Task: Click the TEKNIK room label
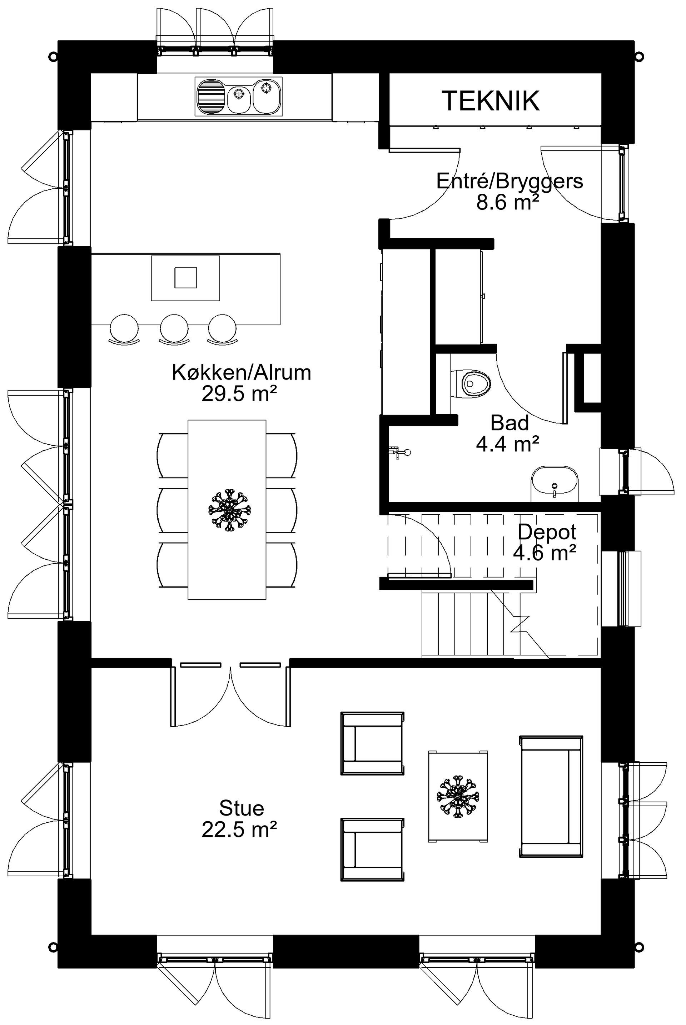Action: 491,101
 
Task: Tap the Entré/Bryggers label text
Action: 510,181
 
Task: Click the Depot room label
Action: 547,532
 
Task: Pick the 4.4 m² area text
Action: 507,444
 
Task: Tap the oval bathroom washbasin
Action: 554,483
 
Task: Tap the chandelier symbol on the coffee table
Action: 458,796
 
